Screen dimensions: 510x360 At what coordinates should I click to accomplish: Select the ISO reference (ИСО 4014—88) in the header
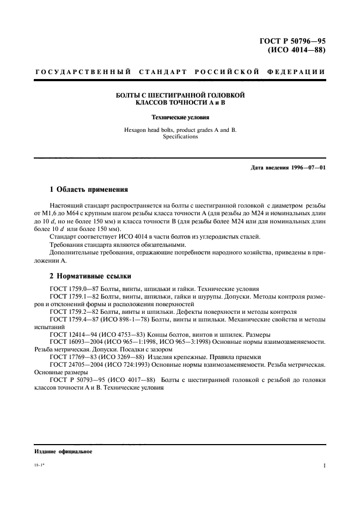click(297, 51)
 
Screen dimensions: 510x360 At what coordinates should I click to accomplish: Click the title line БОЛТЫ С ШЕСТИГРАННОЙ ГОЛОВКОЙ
click(180, 95)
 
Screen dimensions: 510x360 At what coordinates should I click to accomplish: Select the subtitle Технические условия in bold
click(180, 117)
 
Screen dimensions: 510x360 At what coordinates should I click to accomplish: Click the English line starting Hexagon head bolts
click(180, 130)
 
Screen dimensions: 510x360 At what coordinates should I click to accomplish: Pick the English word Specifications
click(180, 137)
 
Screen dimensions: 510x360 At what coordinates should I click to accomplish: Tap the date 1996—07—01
click(307, 167)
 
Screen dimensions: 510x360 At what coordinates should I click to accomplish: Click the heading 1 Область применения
click(89, 190)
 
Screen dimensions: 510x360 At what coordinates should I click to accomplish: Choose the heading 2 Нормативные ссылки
click(90, 276)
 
